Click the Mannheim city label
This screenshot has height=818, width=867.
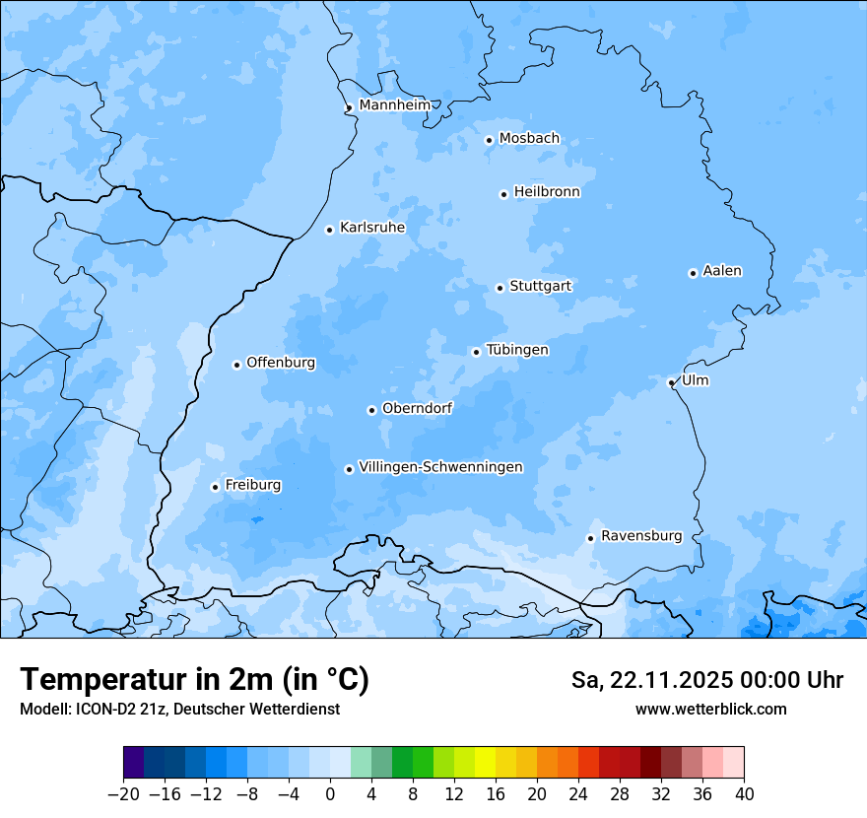tap(394, 104)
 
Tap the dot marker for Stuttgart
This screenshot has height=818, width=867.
tap(500, 288)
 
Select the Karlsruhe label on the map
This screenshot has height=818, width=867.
tap(371, 228)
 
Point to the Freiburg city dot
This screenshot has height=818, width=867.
tap(215, 487)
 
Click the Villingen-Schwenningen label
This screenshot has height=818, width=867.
tap(440, 467)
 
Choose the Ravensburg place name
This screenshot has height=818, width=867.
tap(640, 536)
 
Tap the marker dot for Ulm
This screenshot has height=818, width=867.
tap(671, 382)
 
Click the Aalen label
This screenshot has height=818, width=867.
tap(721, 271)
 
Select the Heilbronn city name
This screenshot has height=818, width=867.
tap(547, 192)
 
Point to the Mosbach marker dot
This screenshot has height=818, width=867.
tap(489, 140)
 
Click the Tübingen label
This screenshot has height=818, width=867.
tap(516, 350)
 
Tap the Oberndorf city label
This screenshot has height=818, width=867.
tap(417, 408)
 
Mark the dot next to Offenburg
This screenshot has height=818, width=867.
tap(236, 365)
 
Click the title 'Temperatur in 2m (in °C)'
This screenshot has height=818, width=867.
tap(194, 679)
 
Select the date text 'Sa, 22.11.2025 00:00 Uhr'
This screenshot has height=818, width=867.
tap(706, 680)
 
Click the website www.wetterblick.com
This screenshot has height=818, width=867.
tap(710, 709)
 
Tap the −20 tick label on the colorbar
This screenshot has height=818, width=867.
tap(123, 794)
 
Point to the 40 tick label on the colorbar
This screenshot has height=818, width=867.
tap(744, 794)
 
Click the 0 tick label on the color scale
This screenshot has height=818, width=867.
tap(330, 794)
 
